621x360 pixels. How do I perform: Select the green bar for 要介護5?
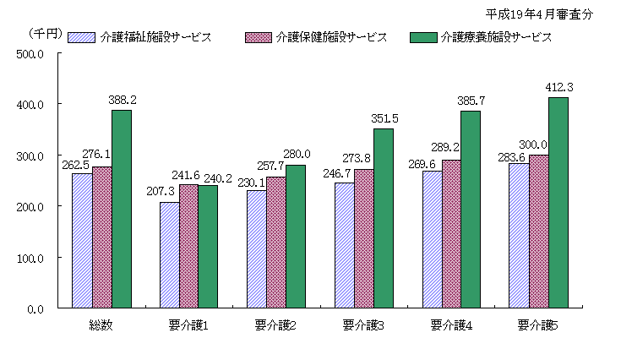558,203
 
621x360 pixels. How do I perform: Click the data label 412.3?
562,87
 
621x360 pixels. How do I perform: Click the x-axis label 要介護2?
276,325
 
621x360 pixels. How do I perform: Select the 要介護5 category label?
538,325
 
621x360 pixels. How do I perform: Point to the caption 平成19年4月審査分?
541,14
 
